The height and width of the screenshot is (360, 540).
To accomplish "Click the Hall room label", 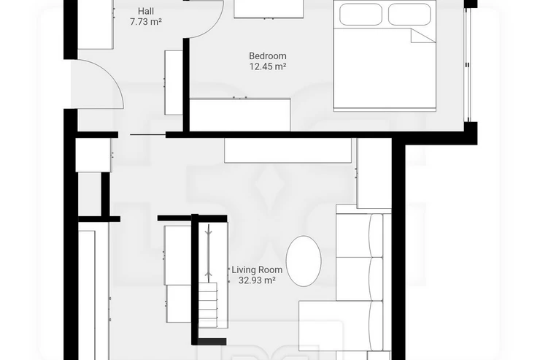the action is (146, 11).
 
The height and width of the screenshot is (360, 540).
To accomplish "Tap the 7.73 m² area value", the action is (146, 22).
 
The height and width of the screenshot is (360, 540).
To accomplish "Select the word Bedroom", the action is (268, 55).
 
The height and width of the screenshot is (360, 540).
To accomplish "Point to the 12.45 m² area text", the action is (268, 66).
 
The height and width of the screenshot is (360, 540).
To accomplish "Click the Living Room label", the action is (257, 269).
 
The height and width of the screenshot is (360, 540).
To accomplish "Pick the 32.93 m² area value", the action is (257, 280).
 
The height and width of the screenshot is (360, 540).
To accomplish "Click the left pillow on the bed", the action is (360, 14).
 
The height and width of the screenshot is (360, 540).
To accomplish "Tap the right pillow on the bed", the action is (409, 14).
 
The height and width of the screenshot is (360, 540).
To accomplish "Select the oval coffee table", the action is (304, 261).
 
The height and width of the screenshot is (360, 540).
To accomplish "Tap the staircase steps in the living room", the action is (208, 305).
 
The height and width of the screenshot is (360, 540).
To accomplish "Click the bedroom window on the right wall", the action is (467, 64).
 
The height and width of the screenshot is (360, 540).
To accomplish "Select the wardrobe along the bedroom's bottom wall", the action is (240, 115).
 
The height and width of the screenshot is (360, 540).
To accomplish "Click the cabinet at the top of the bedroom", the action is (269, 9).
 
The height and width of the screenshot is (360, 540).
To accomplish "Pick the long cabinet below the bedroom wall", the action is (288, 150).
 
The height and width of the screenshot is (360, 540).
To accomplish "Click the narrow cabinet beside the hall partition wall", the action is (174, 83).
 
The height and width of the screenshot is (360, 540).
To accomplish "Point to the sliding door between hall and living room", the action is (147, 134).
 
